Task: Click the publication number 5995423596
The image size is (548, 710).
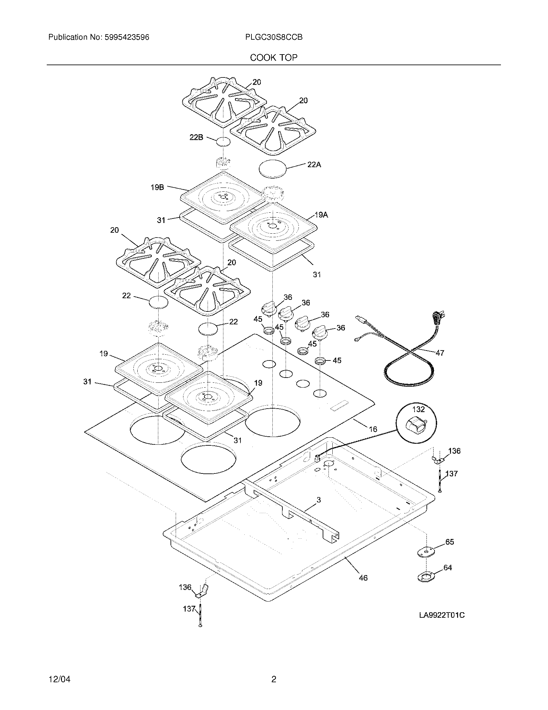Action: [127, 37]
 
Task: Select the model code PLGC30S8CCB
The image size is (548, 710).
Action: [274, 37]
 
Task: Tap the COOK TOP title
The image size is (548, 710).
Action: [274, 58]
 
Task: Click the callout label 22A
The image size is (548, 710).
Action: [314, 165]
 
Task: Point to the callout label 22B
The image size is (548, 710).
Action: [196, 137]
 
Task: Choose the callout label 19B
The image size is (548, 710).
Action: [157, 187]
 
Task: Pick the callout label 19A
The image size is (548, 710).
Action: [321, 215]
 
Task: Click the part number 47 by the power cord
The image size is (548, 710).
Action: [440, 353]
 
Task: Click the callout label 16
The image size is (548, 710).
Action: [373, 429]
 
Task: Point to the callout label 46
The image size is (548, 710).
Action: [363, 578]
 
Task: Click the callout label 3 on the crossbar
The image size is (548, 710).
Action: [318, 500]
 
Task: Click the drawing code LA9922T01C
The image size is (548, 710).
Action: [442, 615]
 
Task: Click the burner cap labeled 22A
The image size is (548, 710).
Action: [273, 168]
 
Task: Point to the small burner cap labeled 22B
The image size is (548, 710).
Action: [223, 142]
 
